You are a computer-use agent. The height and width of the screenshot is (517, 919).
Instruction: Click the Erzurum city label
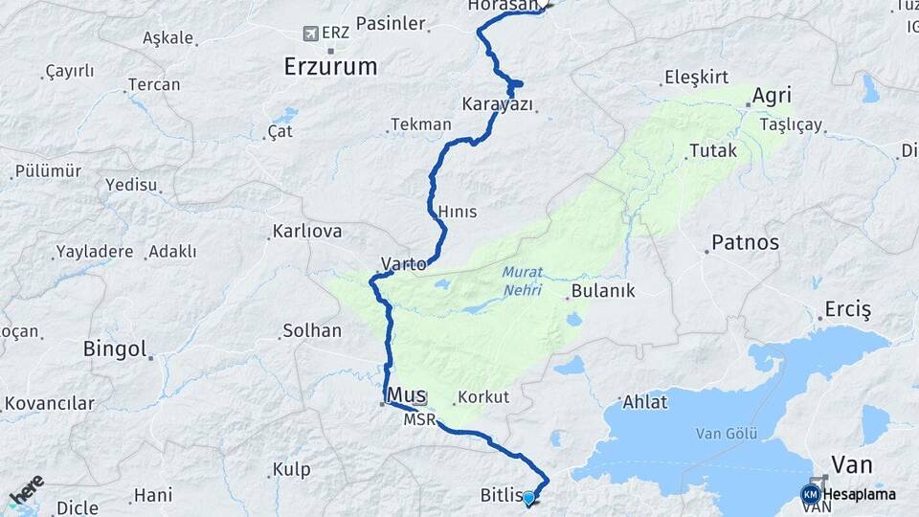(x=330, y=66)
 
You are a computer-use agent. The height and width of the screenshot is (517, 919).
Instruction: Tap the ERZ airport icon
(x=309, y=34)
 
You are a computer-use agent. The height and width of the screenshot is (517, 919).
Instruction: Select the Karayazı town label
(x=497, y=103)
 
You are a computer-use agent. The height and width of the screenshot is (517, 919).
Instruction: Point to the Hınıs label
(x=457, y=212)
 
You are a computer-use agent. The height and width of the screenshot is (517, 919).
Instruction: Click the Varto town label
(x=403, y=263)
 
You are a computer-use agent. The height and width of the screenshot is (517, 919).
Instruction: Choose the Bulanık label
(x=603, y=291)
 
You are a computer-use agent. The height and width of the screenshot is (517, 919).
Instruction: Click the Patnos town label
(x=746, y=242)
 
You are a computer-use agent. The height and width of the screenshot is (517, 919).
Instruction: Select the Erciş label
(x=848, y=310)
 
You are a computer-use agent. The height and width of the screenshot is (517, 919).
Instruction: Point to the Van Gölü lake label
(x=721, y=433)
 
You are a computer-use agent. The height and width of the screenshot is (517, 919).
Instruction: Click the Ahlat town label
(x=644, y=402)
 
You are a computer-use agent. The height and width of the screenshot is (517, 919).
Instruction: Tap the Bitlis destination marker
(x=528, y=497)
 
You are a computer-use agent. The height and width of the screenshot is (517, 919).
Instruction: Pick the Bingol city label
(x=115, y=348)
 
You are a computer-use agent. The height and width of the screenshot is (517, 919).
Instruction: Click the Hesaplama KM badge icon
(x=811, y=494)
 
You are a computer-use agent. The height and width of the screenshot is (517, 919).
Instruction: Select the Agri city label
(x=772, y=97)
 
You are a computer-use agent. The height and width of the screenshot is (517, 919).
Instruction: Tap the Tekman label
(x=420, y=124)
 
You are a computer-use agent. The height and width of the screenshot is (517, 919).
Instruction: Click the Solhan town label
(x=311, y=331)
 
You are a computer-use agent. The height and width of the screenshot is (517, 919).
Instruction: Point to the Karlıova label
(x=307, y=232)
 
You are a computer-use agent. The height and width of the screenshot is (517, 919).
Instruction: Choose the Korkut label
(x=483, y=396)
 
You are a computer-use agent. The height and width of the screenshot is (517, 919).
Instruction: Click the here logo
(x=26, y=491)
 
